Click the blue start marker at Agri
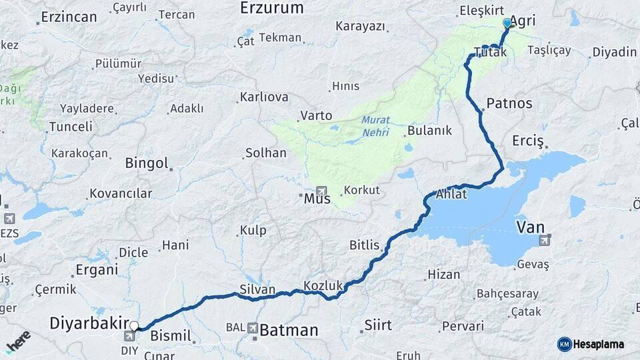[x=507, y=23]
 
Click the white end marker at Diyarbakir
[x=134, y=326]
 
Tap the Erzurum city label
[x=271, y=8]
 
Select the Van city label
[x=530, y=228]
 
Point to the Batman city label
[x=289, y=329]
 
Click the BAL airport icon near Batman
[x=253, y=328]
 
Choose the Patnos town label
[x=509, y=103]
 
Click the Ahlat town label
[x=451, y=195]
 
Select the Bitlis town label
[x=364, y=245]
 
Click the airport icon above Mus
[x=321, y=191]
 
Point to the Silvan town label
[x=257, y=289]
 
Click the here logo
[x=19, y=341]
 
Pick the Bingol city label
[x=147, y=163]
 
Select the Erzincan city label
[x=69, y=17]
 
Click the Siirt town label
[x=378, y=326]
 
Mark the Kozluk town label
[x=323, y=285]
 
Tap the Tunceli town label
[x=71, y=127]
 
